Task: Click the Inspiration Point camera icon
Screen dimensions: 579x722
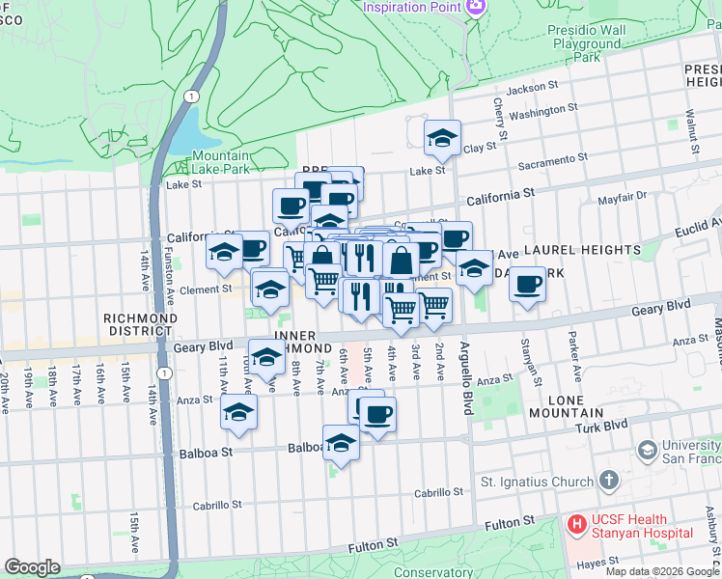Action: tap(475, 9)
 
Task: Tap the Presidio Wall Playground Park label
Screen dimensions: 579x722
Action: tap(588, 43)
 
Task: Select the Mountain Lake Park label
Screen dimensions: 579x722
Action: tap(220, 162)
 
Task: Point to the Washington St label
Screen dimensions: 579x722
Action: tap(542, 112)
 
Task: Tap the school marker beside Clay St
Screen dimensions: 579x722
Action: tap(442, 137)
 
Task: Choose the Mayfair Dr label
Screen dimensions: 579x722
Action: tap(621, 198)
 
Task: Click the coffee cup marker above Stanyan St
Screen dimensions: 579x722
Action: tap(527, 285)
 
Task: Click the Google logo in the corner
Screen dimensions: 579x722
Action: tap(33, 567)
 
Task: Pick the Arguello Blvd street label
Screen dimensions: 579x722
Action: tap(464, 378)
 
